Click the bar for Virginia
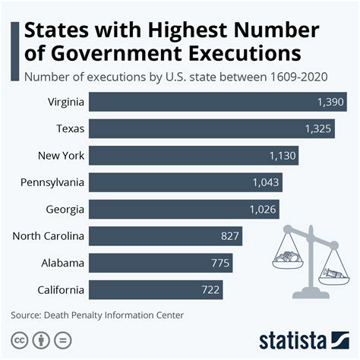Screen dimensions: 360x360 (x=216, y=102)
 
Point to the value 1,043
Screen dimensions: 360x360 (x=266, y=182)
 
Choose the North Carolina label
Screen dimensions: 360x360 (x=48, y=236)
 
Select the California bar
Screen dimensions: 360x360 (x=155, y=289)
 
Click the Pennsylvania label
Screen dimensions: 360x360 (x=53, y=182)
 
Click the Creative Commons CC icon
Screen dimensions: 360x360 (x=17, y=339)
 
